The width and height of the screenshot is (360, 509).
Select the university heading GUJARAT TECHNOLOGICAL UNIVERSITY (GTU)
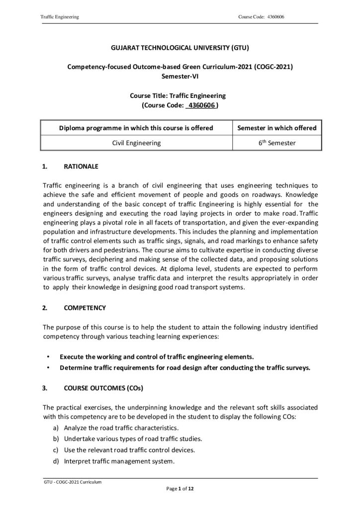point(180,48)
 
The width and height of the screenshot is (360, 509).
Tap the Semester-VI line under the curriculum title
point(180,76)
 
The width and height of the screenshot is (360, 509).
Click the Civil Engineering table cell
point(136,143)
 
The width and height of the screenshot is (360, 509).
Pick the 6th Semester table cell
point(276,143)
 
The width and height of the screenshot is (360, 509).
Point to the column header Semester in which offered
point(276,128)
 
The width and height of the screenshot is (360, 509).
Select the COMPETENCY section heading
point(85,308)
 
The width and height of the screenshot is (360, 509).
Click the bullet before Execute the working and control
point(48,356)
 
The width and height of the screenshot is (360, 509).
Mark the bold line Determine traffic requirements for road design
point(185,368)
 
